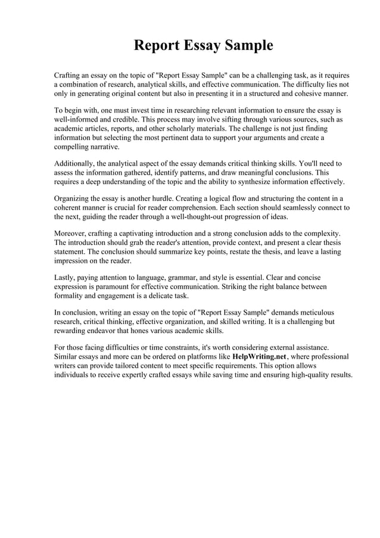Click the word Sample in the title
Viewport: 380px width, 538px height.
(x=244, y=46)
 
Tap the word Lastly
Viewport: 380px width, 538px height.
(x=65, y=278)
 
